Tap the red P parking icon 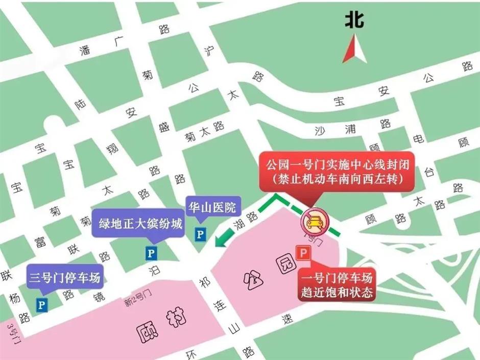303,253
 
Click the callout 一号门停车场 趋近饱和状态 337,285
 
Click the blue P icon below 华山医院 200,235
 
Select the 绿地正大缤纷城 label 137,224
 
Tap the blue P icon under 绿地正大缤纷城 151,252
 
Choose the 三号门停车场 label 64,278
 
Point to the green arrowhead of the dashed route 220,241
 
